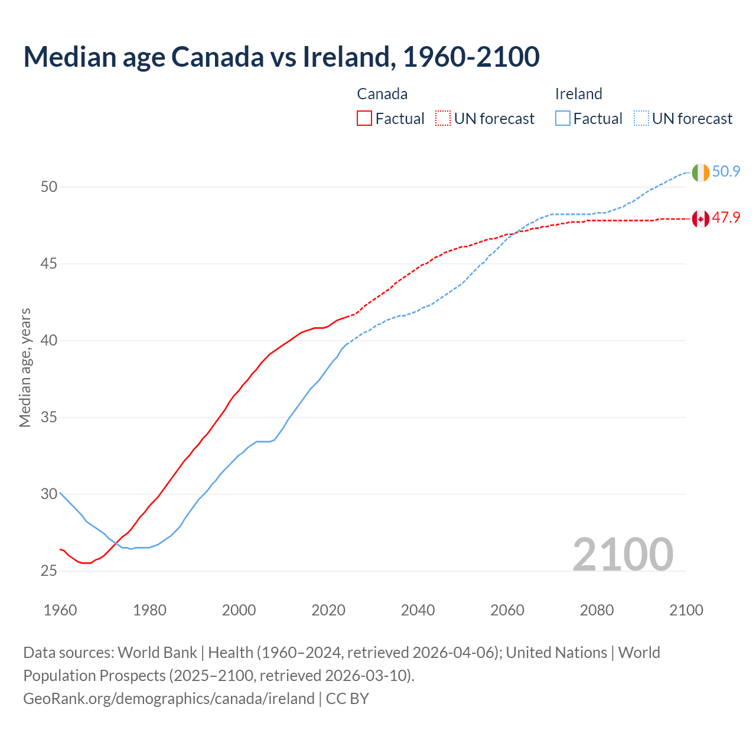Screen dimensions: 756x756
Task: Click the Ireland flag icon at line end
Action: point(700,172)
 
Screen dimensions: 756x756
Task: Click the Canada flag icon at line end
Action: point(700,219)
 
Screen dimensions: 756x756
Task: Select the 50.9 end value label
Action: point(726,172)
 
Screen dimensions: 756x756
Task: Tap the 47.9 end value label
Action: point(726,218)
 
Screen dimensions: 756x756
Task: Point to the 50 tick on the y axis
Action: point(49,187)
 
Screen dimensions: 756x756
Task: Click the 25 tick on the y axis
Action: point(49,571)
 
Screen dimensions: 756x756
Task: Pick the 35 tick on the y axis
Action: point(49,418)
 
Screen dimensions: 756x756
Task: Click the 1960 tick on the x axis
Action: point(60,610)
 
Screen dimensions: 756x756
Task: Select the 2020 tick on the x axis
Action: point(328,610)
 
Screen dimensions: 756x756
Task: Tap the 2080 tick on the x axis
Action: point(597,610)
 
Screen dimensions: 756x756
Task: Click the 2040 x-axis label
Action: point(418,610)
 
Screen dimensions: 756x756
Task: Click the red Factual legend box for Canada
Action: point(364,119)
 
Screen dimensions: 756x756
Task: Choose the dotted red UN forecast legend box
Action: point(443,119)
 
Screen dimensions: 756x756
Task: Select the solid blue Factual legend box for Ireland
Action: point(563,119)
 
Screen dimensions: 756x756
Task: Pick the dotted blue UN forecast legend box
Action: point(641,119)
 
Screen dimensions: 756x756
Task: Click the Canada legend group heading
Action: point(382,94)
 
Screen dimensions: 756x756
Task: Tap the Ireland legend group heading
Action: point(578,94)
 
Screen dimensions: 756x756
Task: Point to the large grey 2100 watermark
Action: point(623,554)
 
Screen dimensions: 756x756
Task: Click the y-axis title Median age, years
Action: point(25,367)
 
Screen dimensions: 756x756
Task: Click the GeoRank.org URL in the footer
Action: point(169,699)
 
